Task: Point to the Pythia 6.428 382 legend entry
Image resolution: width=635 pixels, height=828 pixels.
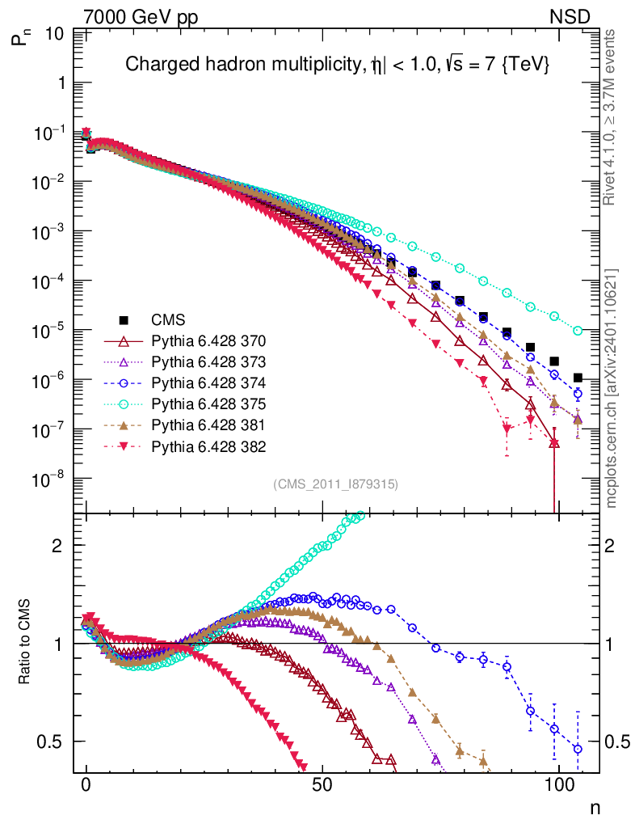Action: (x=208, y=446)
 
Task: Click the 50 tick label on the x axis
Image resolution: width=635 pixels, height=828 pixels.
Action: (x=322, y=786)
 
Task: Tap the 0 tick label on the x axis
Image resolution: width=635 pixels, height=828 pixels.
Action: (x=86, y=786)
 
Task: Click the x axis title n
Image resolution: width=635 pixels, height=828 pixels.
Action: (x=594, y=807)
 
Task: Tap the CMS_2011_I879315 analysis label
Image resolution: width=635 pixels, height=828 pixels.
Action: (x=336, y=484)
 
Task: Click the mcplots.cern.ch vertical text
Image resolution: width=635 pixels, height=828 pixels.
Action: (x=612, y=389)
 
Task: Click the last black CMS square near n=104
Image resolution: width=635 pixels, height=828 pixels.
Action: (x=578, y=378)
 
